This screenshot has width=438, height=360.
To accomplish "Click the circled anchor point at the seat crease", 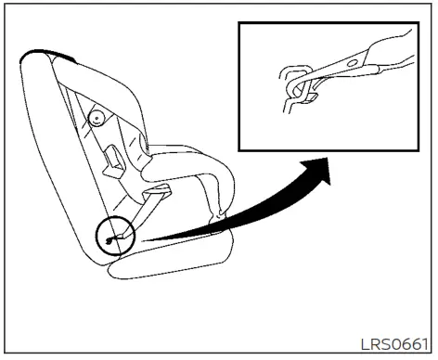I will [x=114, y=236].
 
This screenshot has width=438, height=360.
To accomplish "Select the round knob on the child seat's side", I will [x=96, y=118].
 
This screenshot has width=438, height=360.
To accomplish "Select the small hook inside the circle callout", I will [x=111, y=240].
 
